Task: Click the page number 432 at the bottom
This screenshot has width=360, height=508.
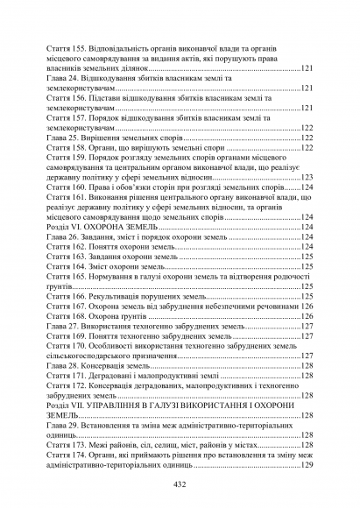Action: pyautogui.click(x=180, y=484)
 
